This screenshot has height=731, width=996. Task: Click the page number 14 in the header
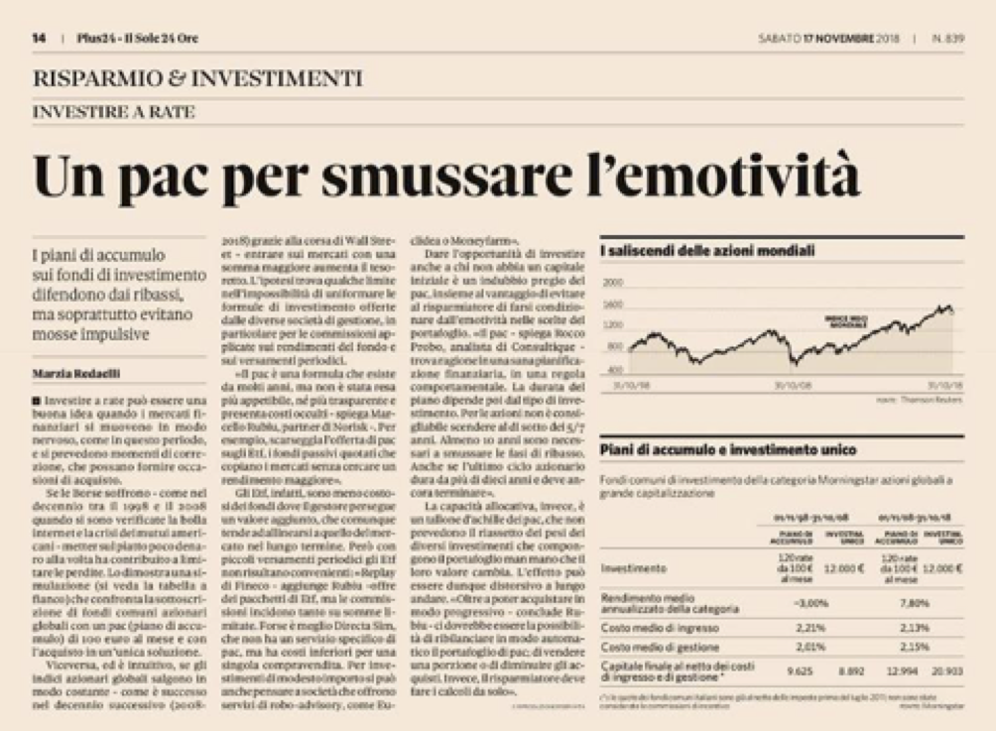pos(39,39)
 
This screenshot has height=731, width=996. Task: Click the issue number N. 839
pos(947,39)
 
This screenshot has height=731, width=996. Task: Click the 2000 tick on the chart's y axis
pos(611,283)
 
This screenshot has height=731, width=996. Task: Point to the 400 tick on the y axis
pos(613,370)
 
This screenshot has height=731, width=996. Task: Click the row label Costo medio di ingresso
pos(659,627)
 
